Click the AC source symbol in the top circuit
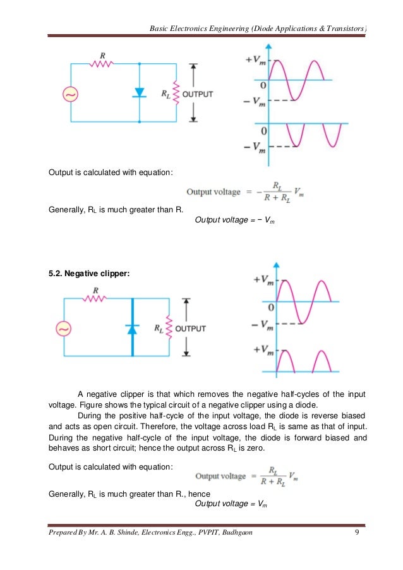click(x=70, y=94)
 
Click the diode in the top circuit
click(x=140, y=93)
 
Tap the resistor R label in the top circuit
click(x=102, y=54)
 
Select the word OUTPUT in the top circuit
click(x=197, y=94)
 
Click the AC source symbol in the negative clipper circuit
click(x=64, y=329)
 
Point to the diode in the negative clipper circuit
click(x=132, y=328)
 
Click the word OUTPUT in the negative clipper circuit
click(x=190, y=329)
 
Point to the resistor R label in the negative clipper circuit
click(x=95, y=290)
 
